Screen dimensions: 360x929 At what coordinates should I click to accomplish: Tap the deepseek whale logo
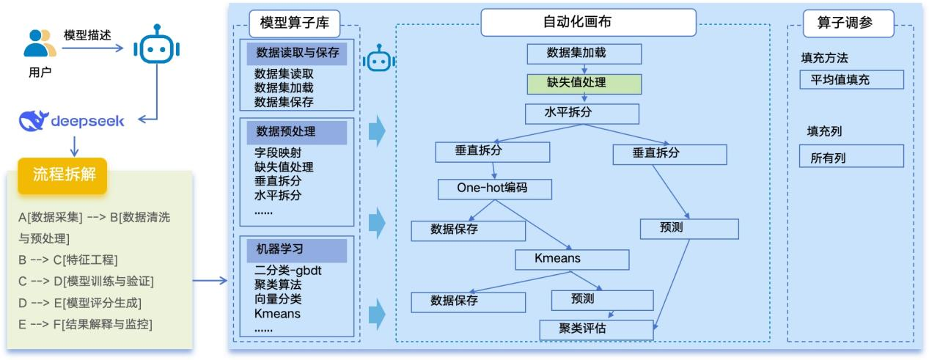(34, 121)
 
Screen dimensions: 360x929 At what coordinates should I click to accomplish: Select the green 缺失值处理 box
(584, 83)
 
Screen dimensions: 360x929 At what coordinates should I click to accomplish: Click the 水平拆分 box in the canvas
(581, 113)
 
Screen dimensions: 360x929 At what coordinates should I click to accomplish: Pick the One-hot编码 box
(493, 188)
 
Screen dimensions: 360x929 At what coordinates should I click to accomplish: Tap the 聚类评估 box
(595, 330)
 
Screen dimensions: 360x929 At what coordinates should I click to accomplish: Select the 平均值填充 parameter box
(851, 80)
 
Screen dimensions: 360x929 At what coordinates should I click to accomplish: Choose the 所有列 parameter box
(851, 156)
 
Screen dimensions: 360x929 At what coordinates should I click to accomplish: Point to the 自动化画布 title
(587, 23)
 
